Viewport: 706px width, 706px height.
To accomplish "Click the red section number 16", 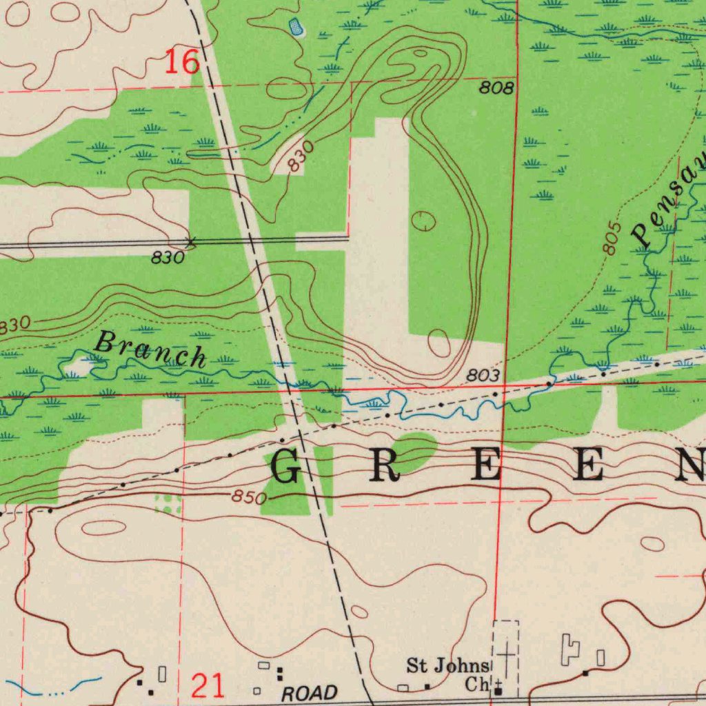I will (183, 62).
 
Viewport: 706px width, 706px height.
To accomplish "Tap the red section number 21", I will (208, 685).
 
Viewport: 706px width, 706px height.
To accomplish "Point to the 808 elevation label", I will (497, 88).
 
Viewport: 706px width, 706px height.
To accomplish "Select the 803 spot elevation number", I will (483, 376).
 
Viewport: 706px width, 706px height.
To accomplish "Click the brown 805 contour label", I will (611, 239).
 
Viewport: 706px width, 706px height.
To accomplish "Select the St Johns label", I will (447, 666).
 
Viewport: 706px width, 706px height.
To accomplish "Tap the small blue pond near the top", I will (297, 28).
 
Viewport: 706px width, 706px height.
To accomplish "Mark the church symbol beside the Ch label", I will (498, 690).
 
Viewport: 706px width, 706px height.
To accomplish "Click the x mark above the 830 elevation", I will (192, 242).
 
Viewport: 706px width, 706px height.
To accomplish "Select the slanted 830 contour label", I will (301, 157).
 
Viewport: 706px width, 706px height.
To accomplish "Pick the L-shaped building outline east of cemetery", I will (571, 650).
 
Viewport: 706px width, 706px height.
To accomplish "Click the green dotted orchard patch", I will (169, 503).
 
